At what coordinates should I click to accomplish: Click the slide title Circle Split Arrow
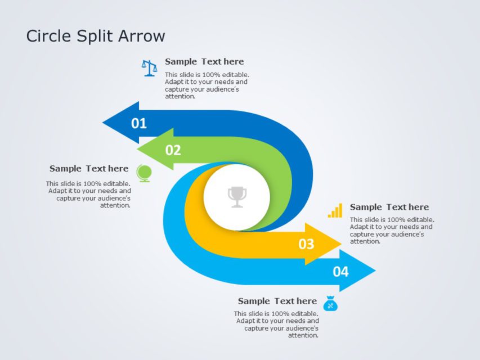(96, 36)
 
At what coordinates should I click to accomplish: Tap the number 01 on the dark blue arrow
(139, 123)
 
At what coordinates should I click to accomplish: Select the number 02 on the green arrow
(173, 150)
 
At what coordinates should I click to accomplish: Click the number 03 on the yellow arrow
(306, 244)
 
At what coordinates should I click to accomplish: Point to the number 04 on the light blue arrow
(340, 272)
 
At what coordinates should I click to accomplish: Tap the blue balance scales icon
(149, 68)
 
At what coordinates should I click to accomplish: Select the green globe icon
(144, 173)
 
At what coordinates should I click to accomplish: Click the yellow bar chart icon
(335, 211)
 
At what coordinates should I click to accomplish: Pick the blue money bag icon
(331, 304)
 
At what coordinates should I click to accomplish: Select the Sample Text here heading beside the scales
(204, 61)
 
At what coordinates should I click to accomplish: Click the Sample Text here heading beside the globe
(89, 168)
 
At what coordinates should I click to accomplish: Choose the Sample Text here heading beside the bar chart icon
(389, 207)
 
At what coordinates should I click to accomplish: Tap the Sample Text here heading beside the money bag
(277, 301)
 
